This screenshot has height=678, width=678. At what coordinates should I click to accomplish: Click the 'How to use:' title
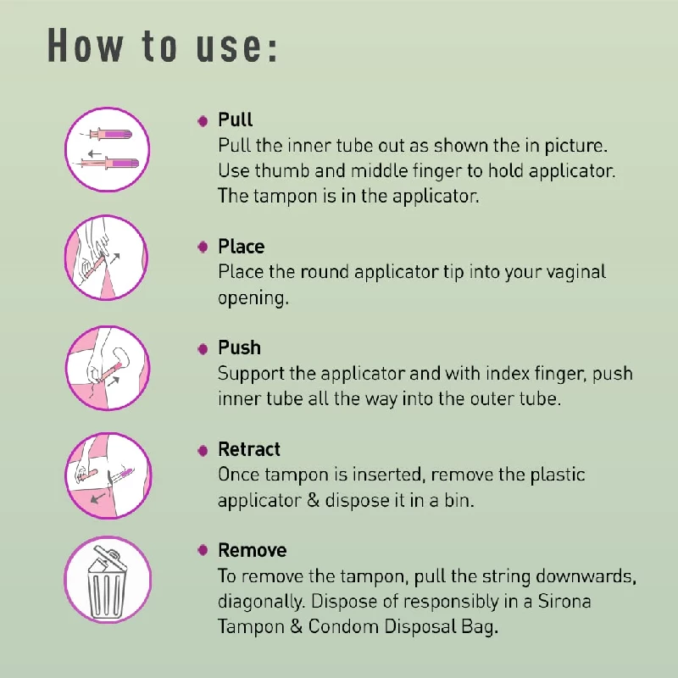tap(162, 46)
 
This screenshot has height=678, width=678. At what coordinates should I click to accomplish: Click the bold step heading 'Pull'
tap(235, 120)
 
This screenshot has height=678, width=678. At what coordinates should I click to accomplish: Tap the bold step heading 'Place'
tap(241, 247)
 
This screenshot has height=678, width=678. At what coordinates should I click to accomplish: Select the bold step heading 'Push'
tap(239, 348)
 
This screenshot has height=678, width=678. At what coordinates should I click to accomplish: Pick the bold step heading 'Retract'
tap(248, 450)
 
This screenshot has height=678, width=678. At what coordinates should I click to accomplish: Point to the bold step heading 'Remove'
tap(252, 551)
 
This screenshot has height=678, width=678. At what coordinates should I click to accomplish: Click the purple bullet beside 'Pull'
tap(203, 121)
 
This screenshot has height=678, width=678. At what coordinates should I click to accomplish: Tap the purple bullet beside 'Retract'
tap(203, 450)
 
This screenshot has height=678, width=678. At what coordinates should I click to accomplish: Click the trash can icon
tap(108, 580)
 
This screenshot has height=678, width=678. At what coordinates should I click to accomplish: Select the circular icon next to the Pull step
tap(108, 149)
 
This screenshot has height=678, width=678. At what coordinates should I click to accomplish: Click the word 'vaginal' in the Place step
tap(575, 273)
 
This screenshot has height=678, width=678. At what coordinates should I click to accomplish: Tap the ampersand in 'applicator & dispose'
tap(310, 500)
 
